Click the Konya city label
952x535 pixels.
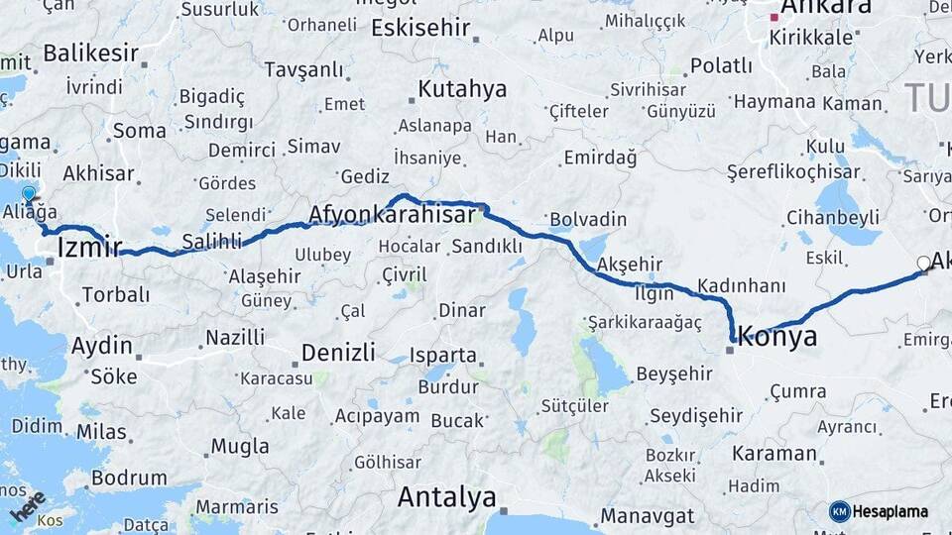(x=778, y=337)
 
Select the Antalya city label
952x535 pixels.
(x=446, y=496)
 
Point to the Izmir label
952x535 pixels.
(x=90, y=247)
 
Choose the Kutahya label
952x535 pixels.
(x=461, y=89)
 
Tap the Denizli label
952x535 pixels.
(x=338, y=352)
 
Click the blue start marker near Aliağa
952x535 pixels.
(x=29, y=194)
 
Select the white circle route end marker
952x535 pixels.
(x=924, y=264)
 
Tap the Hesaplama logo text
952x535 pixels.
(x=890, y=511)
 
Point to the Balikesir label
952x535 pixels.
(x=90, y=53)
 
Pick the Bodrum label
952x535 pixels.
(x=128, y=478)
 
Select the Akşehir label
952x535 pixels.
(x=630, y=265)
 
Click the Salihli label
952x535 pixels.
(x=209, y=241)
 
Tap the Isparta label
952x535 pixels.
(x=443, y=355)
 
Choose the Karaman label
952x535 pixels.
(x=774, y=454)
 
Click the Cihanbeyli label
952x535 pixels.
(x=833, y=216)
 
